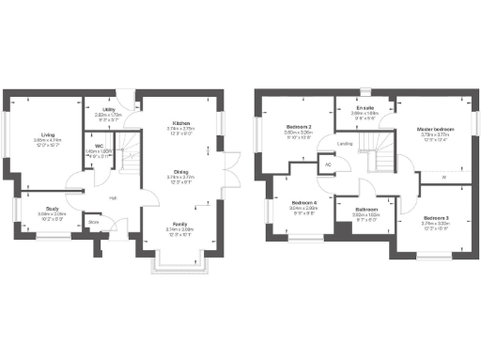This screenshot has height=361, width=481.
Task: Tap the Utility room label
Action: (109, 110)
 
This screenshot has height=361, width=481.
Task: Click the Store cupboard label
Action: (93, 223)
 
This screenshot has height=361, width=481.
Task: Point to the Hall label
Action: (113, 197)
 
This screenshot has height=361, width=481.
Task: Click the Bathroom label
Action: (366, 210)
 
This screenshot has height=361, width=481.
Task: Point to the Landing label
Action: (345, 144)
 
